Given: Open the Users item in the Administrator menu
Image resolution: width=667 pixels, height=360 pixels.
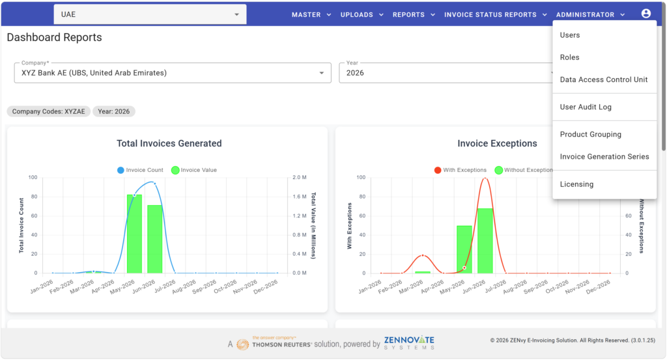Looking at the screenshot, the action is pos(569,35).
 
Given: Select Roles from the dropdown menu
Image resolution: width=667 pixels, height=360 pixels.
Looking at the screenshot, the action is pos(569,57).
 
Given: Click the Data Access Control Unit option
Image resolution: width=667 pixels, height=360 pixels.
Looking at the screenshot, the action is pos(604,79).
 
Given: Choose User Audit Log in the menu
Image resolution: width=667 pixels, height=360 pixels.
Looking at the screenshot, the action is pos(586,107).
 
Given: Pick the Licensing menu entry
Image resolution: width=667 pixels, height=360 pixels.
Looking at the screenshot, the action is pos(576,184).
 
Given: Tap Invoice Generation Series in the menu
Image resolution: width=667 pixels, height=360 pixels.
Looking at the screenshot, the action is pos(604,156).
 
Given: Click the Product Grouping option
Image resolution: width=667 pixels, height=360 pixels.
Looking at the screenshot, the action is pos(590,134).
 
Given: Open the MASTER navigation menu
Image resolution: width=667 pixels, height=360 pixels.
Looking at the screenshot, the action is pos(311,15).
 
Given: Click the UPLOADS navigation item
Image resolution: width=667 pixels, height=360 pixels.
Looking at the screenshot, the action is pos(362,15).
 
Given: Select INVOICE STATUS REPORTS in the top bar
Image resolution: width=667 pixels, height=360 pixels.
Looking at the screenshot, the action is pos(495,15).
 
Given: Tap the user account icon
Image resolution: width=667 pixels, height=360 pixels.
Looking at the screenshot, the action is pos(646,14).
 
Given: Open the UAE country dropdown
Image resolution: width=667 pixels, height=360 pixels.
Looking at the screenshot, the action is pos(150,14).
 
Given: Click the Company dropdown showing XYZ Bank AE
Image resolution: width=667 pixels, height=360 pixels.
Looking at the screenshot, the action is pos(173,73).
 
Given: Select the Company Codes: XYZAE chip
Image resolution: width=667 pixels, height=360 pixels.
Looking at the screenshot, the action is pos(48,111).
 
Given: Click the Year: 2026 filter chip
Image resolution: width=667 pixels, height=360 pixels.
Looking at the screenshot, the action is pos(113,111).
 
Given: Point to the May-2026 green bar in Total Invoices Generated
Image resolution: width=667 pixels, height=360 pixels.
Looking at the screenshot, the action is pos(134,234).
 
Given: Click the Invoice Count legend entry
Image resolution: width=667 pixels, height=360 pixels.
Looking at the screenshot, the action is pos(140,170).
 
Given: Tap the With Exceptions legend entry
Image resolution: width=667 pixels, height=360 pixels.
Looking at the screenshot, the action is pos(461,170).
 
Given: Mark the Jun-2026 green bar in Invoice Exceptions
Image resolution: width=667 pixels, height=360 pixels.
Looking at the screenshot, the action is pos(485,241).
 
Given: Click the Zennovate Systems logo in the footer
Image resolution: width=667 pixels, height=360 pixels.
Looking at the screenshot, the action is pos(409,342).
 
